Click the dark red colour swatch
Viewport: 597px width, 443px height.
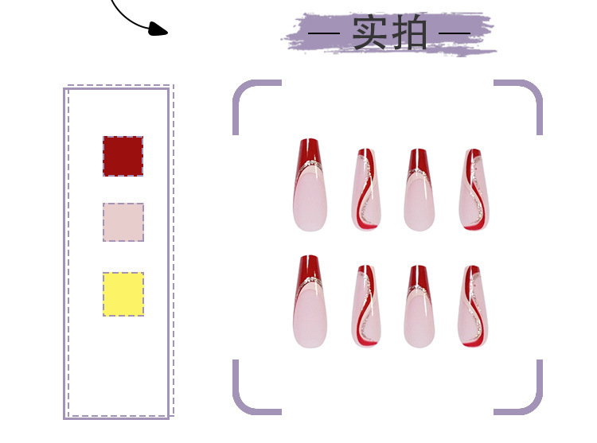tap(123, 156)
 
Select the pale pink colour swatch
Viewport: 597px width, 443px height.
tap(123, 222)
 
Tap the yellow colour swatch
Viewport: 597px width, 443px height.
tap(123, 293)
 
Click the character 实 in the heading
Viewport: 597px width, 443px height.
tap(371, 33)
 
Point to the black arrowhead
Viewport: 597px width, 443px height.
tap(158, 29)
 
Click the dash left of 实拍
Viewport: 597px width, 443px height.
tap(326, 34)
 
